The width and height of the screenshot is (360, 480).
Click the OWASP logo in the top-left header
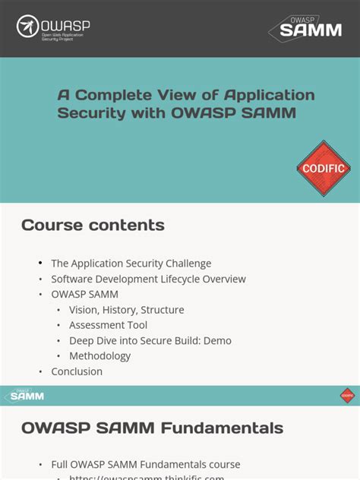pos(53,28)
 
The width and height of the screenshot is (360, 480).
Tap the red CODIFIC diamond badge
pos(324,168)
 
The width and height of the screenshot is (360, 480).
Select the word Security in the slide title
pos(90,113)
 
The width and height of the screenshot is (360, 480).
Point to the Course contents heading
pos(93,225)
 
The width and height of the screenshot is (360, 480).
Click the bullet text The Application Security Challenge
pos(131,264)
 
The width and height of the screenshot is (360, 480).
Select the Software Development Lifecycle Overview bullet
pos(148,279)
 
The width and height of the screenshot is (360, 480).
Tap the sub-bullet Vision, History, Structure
pos(126,310)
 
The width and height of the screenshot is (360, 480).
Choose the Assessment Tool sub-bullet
pos(108,325)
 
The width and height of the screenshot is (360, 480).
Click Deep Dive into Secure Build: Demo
pos(150,340)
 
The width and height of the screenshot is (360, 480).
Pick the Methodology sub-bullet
pos(99,355)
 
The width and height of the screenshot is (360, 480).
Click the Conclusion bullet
pos(77,371)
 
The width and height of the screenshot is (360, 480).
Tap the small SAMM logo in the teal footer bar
pos(25,396)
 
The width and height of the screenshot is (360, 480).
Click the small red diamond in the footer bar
pos(347,396)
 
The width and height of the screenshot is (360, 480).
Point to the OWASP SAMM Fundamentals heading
pos(152,428)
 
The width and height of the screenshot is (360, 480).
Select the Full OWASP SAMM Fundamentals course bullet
pos(145,464)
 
